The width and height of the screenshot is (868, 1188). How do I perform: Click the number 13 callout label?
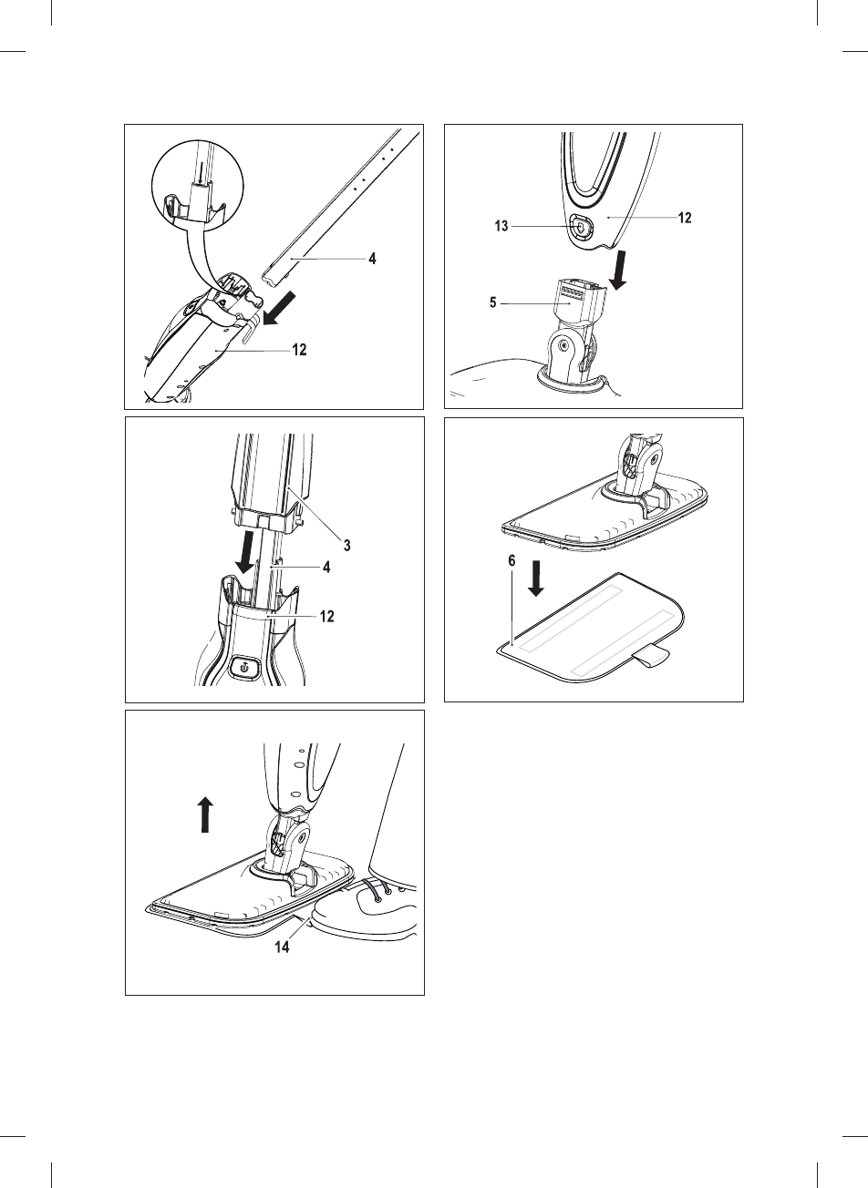pyautogui.click(x=501, y=226)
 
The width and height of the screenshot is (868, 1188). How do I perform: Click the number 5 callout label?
pyautogui.click(x=493, y=303)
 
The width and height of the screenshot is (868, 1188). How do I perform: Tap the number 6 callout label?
pyautogui.click(x=511, y=561)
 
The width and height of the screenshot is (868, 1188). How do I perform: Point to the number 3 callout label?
pyautogui.click(x=347, y=545)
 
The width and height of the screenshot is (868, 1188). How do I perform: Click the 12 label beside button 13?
pyautogui.click(x=685, y=218)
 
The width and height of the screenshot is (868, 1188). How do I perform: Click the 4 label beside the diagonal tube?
pyautogui.click(x=372, y=259)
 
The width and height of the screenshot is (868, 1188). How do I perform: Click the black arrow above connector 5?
pyautogui.click(x=621, y=271)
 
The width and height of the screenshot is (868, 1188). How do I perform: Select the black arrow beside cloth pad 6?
pyautogui.click(x=536, y=579)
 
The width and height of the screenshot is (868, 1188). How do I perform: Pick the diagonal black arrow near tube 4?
pyautogui.click(x=279, y=308)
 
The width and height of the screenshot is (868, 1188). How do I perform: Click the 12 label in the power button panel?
pyautogui.click(x=327, y=616)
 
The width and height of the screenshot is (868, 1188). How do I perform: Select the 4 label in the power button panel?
pyautogui.click(x=326, y=567)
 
